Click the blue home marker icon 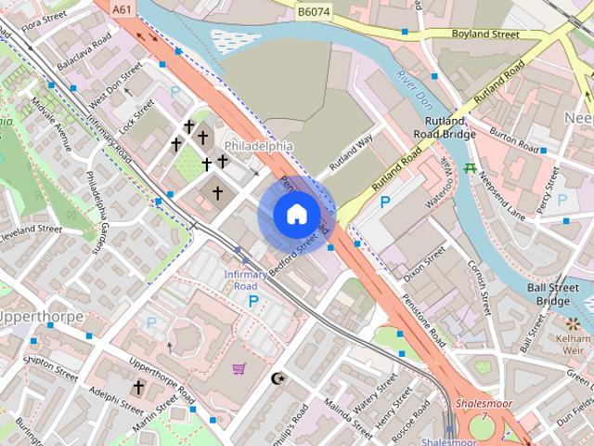pyautogui.click(x=296, y=214)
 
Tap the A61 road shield pyautogui.click(x=122, y=9)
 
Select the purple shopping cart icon pyautogui.click(x=239, y=369)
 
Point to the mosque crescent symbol pyautogui.click(x=276, y=378)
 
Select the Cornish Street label pyautogui.click(x=482, y=283)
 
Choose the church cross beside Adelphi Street pyautogui.click(x=139, y=387)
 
